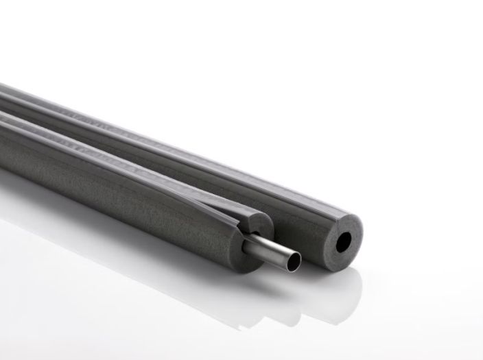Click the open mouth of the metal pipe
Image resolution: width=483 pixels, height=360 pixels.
click(x=292, y=260)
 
